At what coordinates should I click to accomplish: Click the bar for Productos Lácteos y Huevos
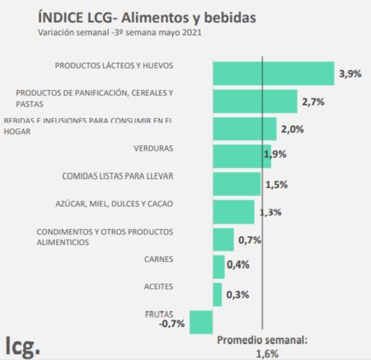pyautogui.click(x=273, y=73)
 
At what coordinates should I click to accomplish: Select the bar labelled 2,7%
pyautogui.click(x=255, y=101)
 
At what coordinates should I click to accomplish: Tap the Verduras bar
pyautogui.click(x=242, y=156)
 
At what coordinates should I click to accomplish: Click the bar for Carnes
pyautogui.click(x=218, y=267)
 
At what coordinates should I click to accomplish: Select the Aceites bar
pyautogui.click(x=217, y=295)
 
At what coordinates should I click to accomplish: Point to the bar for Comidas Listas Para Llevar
pyautogui.click(x=237, y=184)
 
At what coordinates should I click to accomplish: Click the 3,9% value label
pyautogui.click(x=350, y=74)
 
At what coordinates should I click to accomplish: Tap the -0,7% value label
pyautogui.click(x=172, y=324)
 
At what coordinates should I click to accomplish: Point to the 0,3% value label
pyautogui.click(x=237, y=295)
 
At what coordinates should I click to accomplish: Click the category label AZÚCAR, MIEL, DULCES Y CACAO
pyautogui.click(x=114, y=204)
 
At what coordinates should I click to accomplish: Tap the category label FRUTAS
pyautogui.click(x=159, y=314)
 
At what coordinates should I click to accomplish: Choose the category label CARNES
pyautogui.click(x=159, y=259)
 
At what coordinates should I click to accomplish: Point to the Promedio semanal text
pyautogui.click(x=262, y=341)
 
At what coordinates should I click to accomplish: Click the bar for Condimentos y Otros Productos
pyautogui.click(x=223, y=239)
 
